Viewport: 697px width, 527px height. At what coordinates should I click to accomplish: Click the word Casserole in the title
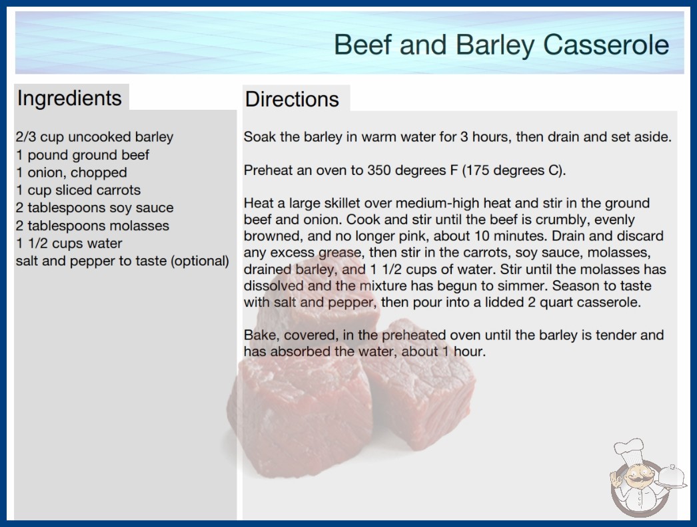[x=606, y=45]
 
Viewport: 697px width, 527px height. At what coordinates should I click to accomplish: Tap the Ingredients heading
[x=69, y=98]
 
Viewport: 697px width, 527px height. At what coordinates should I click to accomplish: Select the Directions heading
[x=292, y=99]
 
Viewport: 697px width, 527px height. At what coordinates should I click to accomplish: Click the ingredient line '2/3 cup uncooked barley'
[x=94, y=137]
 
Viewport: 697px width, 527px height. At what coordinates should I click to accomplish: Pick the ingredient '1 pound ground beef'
[x=83, y=155]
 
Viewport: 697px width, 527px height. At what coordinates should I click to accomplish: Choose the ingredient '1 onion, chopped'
[x=71, y=172]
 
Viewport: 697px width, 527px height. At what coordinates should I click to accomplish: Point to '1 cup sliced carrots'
[x=78, y=190]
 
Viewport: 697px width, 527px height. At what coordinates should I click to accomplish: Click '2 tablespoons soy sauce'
[x=94, y=208]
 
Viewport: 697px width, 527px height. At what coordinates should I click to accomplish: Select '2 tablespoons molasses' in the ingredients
[x=93, y=226]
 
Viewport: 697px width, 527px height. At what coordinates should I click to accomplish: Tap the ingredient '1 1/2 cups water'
[x=69, y=244]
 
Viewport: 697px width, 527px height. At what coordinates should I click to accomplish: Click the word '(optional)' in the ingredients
[x=200, y=261]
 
